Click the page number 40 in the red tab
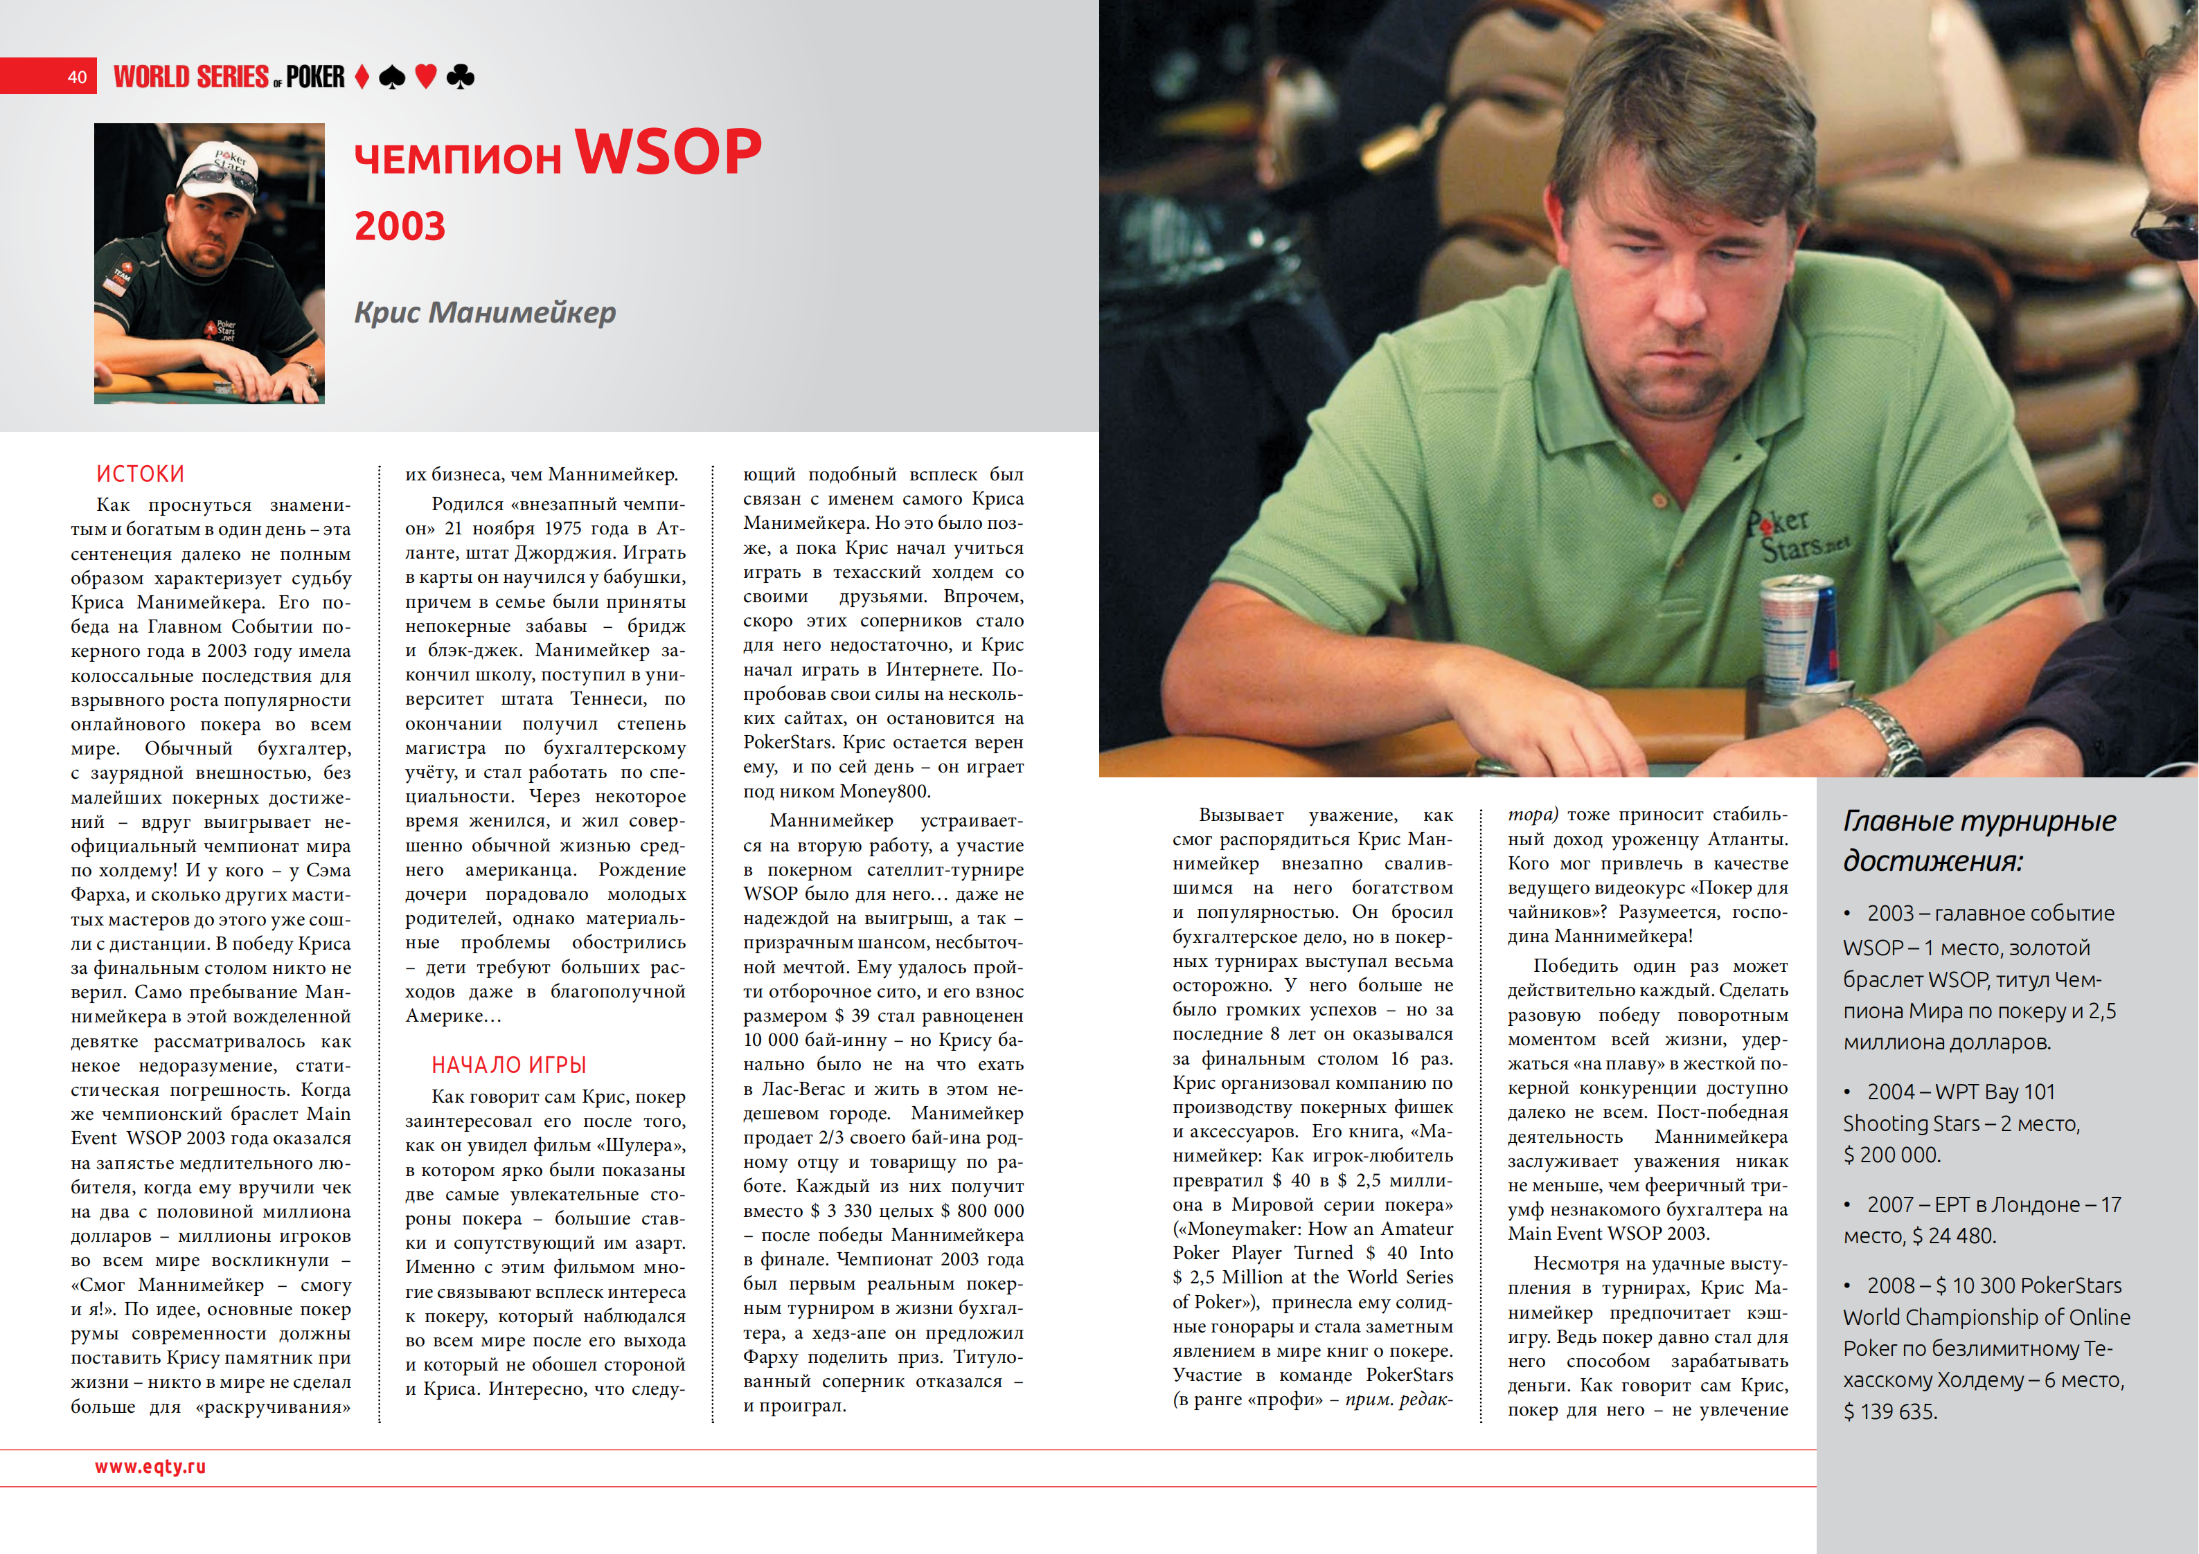pyautogui.click(x=77, y=78)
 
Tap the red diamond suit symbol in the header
pyautogui.click(x=362, y=77)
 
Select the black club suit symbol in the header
pyautogui.click(x=461, y=77)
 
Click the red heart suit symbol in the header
pyautogui.click(x=425, y=77)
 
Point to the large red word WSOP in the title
pyautogui.click(x=668, y=152)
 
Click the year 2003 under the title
pyautogui.click(x=400, y=227)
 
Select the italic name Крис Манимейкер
pyautogui.click(x=485, y=312)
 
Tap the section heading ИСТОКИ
pyautogui.click(x=140, y=474)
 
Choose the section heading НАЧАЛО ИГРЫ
pyautogui.click(x=508, y=1065)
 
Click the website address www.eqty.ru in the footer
pyautogui.click(x=150, y=1466)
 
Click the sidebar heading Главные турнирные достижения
pyautogui.click(x=1979, y=840)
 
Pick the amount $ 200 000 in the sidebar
pyautogui.click(x=1891, y=1155)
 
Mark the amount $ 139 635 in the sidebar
pyautogui.click(x=1889, y=1411)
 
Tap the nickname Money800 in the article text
pyautogui.click(x=885, y=791)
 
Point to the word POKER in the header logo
pyautogui.click(x=315, y=77)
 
